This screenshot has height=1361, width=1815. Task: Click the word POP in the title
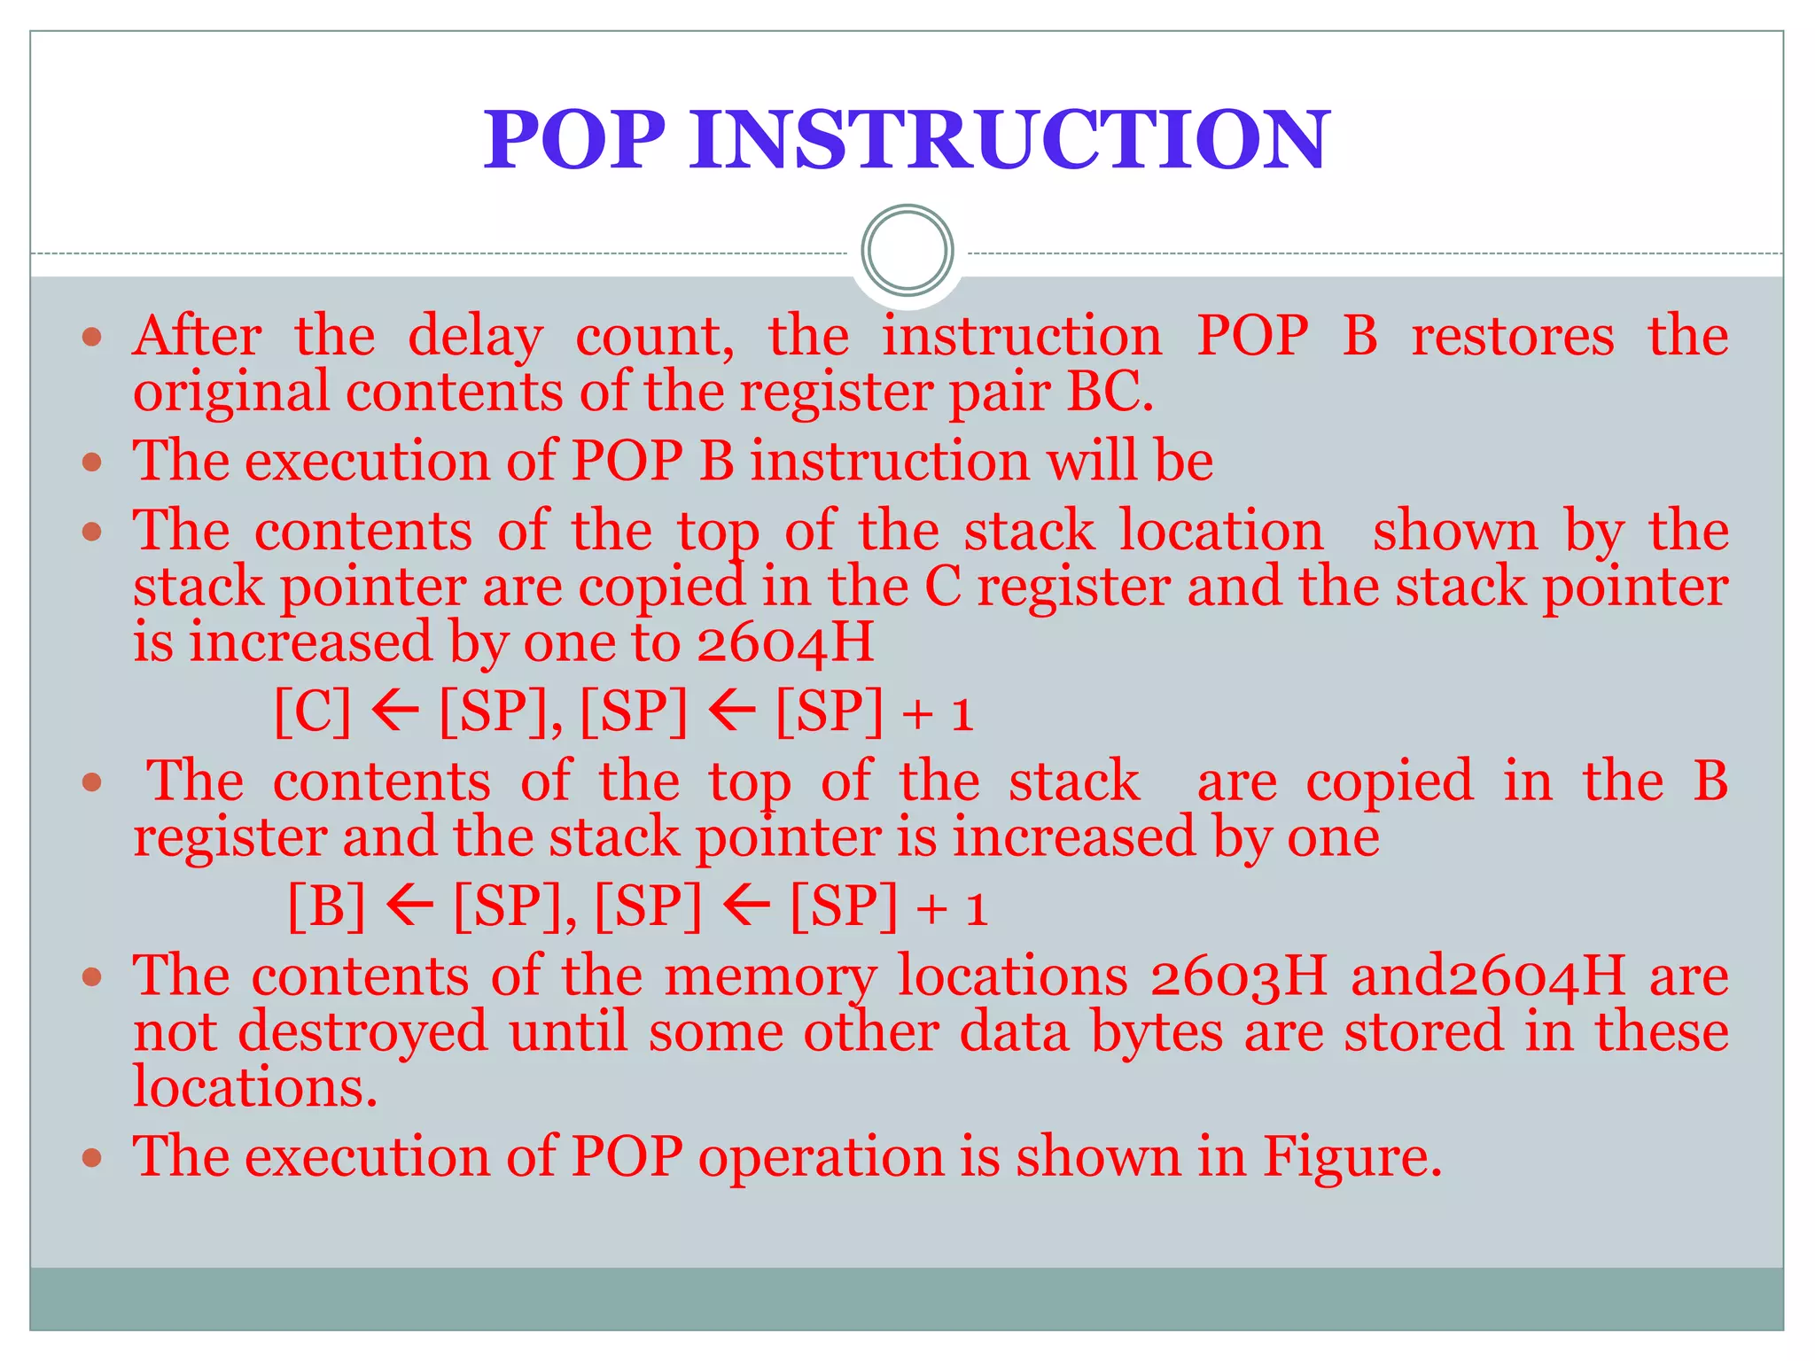[573, 139]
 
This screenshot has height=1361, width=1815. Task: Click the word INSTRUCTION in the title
[1009, 139]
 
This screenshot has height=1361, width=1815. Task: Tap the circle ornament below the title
[907, 250]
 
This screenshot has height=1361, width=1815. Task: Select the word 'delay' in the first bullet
[475, 338]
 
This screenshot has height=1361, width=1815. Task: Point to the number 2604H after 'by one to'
[785, 642]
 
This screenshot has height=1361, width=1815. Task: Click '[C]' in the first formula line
[312, 711]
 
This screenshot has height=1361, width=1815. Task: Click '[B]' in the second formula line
[326, 906]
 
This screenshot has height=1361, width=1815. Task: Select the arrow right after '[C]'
[394, 711]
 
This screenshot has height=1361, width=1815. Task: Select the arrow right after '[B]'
[409, 906]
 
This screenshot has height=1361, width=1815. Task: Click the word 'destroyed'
[362, 1032]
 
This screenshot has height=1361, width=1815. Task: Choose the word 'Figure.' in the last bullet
[1352, 1156]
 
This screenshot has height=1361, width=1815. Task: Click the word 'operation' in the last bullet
[822, 1158]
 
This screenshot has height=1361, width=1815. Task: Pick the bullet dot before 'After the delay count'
[92, 338]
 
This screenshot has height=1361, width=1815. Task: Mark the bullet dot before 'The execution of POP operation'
[92, 1157]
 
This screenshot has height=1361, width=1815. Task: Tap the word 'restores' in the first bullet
[1512, 338]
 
